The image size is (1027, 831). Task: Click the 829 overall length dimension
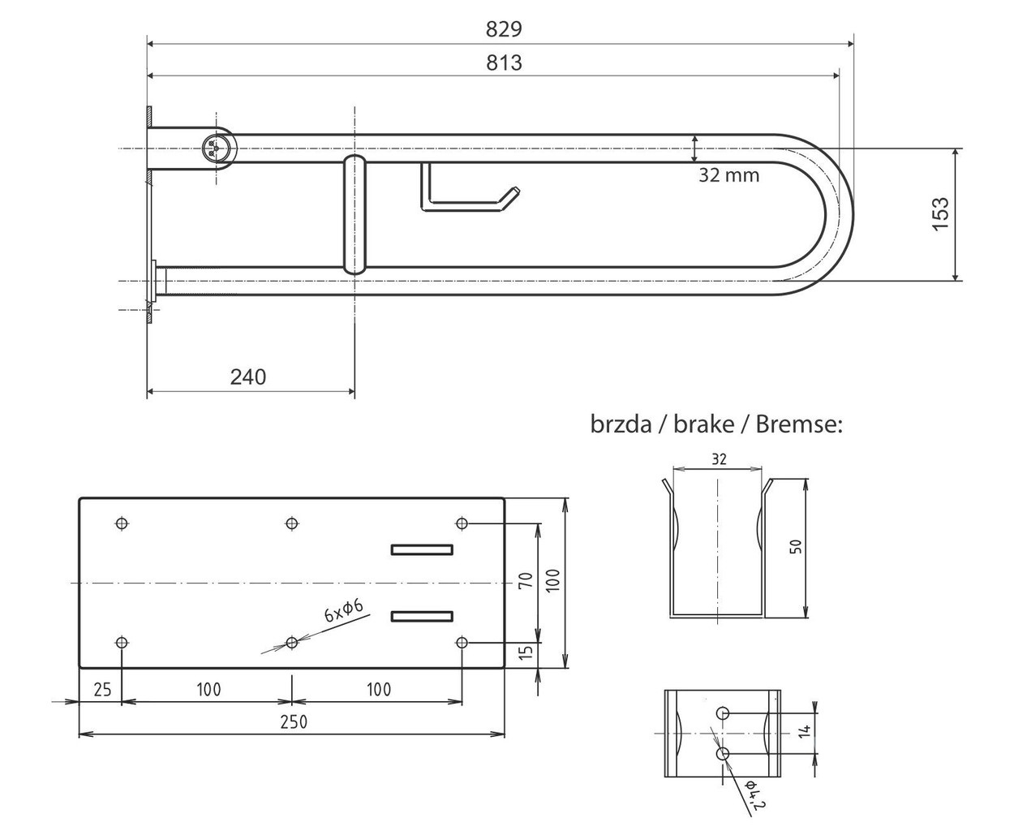click(x=504, y=29)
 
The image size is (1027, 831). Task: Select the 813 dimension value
click(x=504, y=62)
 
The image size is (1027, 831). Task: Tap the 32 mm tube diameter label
click(x=728, y=175)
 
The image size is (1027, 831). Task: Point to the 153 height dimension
click(x=941, y=214)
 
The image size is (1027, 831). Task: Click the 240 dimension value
click(x=248, y=377)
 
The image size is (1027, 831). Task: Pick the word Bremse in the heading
click(x=799, y=424)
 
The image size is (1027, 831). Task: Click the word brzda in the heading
click(x=621, y=424)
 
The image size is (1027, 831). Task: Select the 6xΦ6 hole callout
click(x=344, y=610)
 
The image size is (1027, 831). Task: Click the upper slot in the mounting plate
click(x=422, y=550)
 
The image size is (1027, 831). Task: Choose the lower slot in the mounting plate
click(x=422, y=617)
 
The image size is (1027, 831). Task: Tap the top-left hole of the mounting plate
click(x=122, y=523)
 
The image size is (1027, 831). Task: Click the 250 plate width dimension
click(x=294, y=722)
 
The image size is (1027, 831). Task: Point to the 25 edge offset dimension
click(x=102, y=690)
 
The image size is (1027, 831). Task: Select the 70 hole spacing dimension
click(x=526, y=580)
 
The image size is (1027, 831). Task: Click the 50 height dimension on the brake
click(x=796, y=547)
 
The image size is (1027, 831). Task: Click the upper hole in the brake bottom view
click(x=722, y=713)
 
